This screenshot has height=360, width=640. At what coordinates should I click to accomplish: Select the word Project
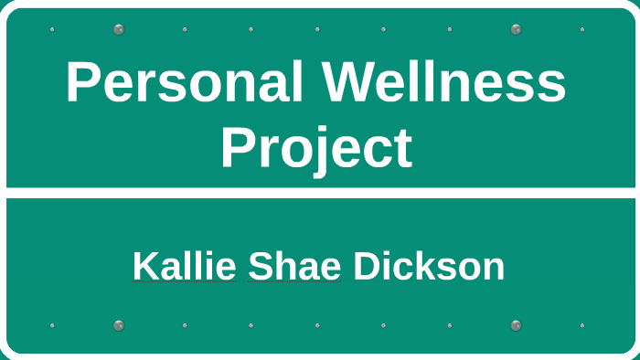(x=316, y=148)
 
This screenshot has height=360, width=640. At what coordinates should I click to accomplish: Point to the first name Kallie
(x=182, y=267)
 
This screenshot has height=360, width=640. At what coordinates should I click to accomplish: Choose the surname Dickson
(x=429, y=267)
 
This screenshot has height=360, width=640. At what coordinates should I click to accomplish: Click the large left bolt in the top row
(x=118, y=29)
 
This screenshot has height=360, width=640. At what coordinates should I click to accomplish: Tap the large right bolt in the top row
(x=516, y=29)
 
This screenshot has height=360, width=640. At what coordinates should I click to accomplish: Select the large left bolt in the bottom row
(x=118, y=325)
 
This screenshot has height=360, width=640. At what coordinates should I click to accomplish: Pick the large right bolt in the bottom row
(x=516, y=325)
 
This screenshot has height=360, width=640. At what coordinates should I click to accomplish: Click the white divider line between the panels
(x=320, y=193)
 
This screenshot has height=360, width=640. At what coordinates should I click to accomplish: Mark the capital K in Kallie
(x=144, y=267)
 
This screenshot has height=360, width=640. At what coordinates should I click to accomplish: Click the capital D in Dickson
(x=366, y=267)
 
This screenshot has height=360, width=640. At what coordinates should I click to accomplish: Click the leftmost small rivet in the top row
(x=52, y=29)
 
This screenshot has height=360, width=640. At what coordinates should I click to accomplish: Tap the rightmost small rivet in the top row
(x=581, y=29)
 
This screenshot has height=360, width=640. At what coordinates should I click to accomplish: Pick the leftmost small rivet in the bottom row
(x=52, y=325)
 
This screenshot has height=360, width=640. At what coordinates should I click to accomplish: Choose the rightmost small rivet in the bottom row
(x=581, y=325)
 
